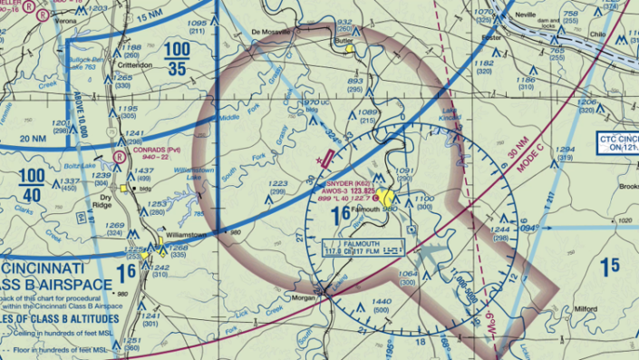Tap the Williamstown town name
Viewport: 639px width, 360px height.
point(187,233)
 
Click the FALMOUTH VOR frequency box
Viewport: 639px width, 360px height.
point(363,248)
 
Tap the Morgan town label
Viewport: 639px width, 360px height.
point(302,297)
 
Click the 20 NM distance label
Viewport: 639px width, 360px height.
point(33,138)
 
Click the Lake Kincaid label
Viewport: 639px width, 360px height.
point(451,115)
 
